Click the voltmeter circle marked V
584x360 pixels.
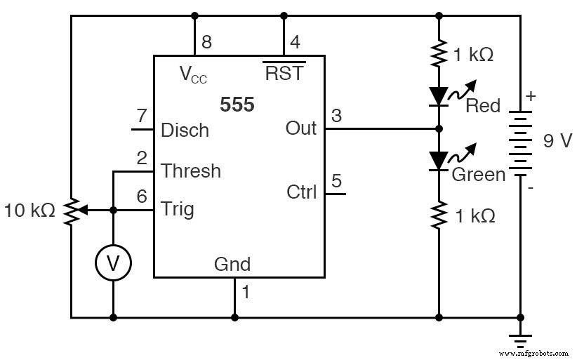click(113, 262)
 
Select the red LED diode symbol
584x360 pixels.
click(439, 95)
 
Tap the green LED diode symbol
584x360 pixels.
click(439, 161)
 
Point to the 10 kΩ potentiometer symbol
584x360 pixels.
click(72, 210)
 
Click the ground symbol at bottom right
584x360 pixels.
click(520, 340)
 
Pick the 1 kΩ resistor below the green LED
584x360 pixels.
click(439, 215)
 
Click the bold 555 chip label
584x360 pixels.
click(237, 105)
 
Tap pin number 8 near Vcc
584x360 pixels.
click(206, 42)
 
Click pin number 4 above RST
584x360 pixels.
click(296, 42)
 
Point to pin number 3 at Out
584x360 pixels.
click(336, 115)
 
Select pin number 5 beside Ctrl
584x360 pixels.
click(336, 181)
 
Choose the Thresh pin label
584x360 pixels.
click(191, 171)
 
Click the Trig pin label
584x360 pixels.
click(178, 209)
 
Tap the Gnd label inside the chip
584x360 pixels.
click(232, 265)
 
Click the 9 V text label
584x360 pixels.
click(558, 141)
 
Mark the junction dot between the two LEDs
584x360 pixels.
click(439, 129)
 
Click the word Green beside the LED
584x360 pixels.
click(478, 174)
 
